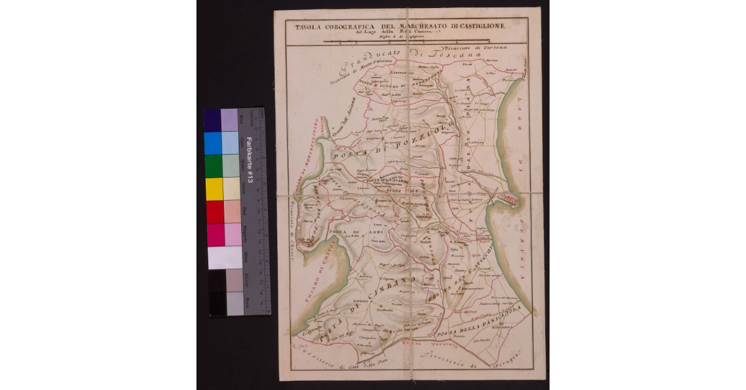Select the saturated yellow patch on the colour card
coord(213,189)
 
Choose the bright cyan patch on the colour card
coord(213,143)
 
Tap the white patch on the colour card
coord(224,257)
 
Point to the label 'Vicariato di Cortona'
coord(472,49)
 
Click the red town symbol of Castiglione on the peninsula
coord(512,199)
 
